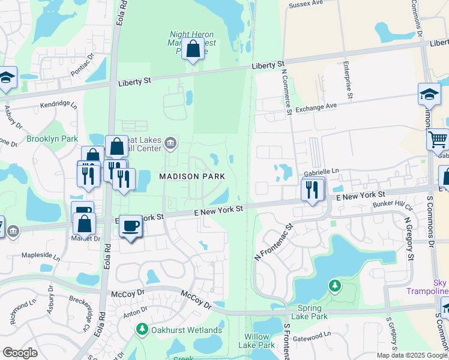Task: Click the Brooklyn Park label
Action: point(52,139)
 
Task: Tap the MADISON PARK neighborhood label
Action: point(191,176)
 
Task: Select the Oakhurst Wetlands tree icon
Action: point(142,329)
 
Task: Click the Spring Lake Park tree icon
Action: point(335,286)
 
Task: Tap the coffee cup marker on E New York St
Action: point(131,226)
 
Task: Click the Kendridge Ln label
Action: point(59,105)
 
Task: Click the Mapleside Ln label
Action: point(41,256)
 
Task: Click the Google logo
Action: point(20,353)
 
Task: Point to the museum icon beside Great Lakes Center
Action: point(171,142)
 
